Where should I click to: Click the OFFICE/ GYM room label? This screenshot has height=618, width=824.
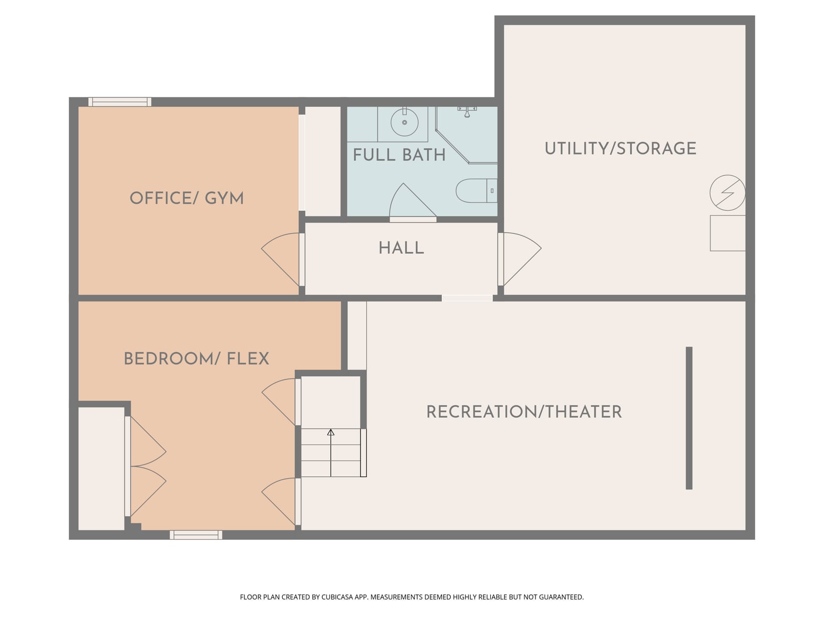[187, 198]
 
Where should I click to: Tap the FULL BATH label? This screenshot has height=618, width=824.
[399, 155]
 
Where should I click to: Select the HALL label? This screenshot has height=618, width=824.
[401, 248]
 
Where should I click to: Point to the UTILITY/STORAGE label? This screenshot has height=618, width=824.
[620, 148]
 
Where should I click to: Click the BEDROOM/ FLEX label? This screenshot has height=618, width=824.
[197, 359]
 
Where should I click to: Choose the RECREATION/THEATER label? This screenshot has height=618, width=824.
[524, 411]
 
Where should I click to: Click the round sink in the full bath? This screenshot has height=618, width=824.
[404, 122]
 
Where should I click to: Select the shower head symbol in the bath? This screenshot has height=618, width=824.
[467, 112]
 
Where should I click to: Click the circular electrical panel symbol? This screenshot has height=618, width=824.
[727, 193]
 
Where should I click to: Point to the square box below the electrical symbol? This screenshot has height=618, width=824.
[727, 233]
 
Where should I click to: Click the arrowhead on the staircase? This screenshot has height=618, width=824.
[331, 432]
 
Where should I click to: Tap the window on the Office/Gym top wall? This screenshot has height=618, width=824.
[120, 102]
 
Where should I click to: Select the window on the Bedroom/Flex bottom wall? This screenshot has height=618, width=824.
[196, 534]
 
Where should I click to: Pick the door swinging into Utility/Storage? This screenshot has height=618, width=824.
[522, 259]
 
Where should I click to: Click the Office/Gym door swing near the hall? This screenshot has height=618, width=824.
[281, 259]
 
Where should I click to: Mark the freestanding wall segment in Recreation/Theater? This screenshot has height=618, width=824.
[689, 418]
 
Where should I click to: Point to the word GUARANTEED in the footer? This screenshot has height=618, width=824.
[561, 597]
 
